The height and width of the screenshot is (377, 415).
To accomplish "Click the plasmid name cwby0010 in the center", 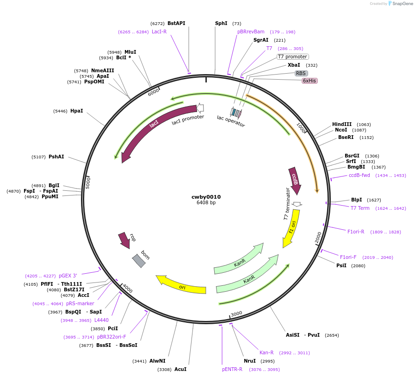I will [x=206, y=197].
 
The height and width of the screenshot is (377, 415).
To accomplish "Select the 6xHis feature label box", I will [x=310, y=81].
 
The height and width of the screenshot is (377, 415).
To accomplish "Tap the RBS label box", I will [x=301, y=73].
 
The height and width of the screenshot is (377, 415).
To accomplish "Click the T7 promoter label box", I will [x=292, y=57].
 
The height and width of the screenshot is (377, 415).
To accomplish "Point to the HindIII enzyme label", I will [x=342, y=124].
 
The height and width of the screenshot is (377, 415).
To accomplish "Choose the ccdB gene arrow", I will [x=295, y=180].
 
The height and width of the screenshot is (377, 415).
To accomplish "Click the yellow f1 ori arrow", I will [x=291, y=228].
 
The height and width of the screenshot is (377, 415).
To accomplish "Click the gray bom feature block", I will [x=139, y=261].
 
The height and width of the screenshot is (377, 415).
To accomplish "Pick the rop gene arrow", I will [x=124, y=240].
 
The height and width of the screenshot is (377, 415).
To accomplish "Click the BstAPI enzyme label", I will [x=176, y=23].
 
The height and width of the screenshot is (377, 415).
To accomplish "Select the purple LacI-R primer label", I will [x=159, y=31].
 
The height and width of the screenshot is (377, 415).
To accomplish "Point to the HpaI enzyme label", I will [x=77, y=111].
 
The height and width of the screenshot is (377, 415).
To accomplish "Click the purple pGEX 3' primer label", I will [x=68, y=276].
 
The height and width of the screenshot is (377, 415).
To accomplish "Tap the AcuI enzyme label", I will [x=180, y=369].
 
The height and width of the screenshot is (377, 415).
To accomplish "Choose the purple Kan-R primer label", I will [x=266, y=352].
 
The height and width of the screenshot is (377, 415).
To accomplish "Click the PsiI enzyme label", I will [x=341, y=265].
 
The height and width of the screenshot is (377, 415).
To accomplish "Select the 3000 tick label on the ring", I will [x=236, y=314].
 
